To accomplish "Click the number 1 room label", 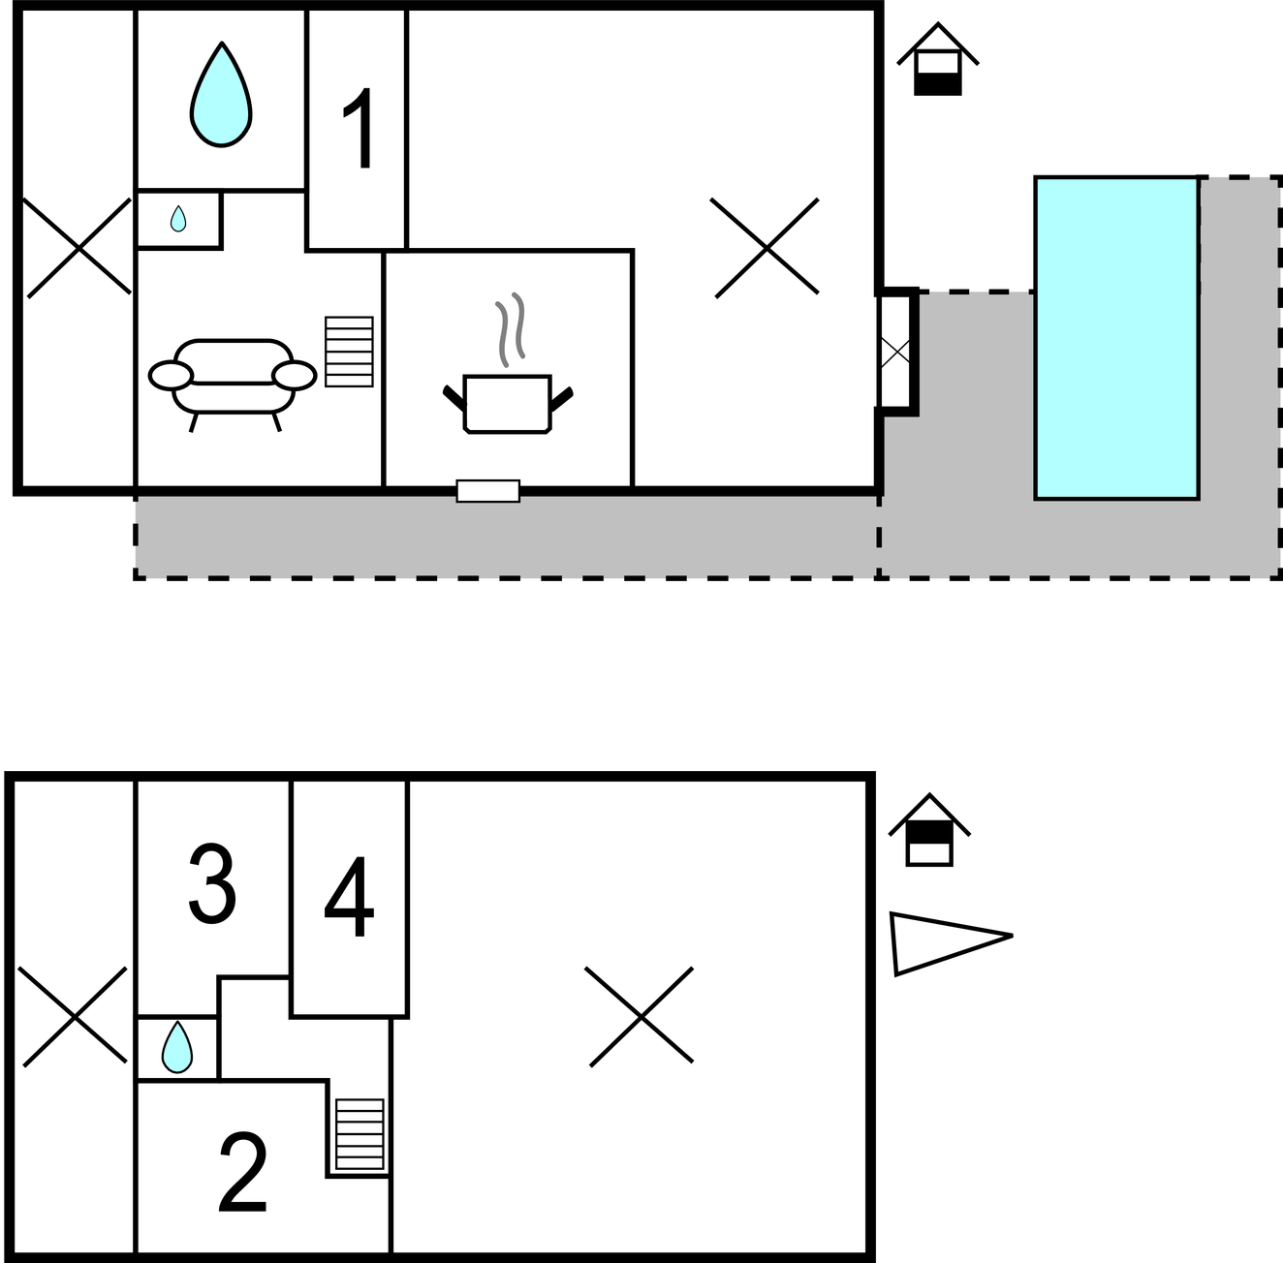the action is [359, 127].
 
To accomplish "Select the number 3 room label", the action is [212, 883].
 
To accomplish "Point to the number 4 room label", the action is [349, 896].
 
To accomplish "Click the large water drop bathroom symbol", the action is [221, 94].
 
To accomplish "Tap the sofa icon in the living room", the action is [233, 385].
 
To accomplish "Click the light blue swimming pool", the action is [1116, 338].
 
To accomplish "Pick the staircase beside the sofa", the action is [349, 351].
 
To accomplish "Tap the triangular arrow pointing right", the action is [951, 943].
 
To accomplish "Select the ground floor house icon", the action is [937, 59].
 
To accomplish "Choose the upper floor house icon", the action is [929, 830].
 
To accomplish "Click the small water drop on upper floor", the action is [177, 1047].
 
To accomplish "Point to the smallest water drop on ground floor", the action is [177, 218].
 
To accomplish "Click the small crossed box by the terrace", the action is [894, 351].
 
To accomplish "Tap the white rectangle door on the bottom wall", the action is [488, 491].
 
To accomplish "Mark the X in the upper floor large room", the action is [641, 1016].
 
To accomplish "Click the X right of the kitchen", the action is [766, 248].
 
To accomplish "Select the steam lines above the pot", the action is [511, 329].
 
